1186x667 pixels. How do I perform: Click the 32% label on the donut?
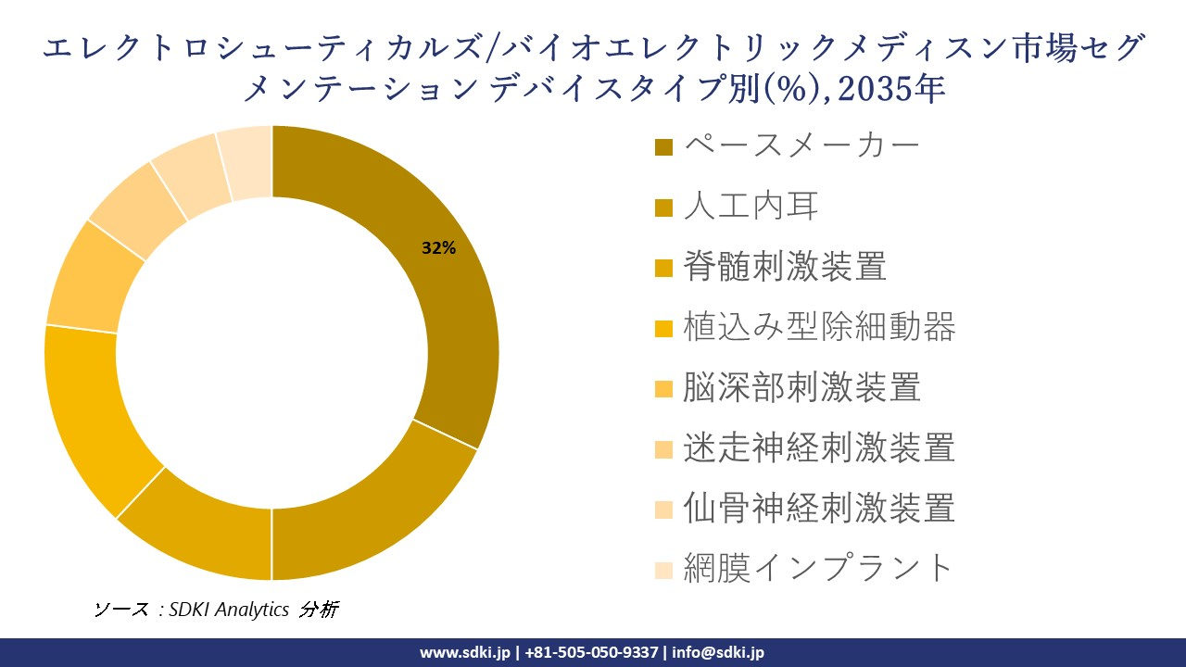(438, 248)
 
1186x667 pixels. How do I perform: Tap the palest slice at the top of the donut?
(246, 162)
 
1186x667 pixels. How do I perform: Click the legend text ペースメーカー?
(801, 145)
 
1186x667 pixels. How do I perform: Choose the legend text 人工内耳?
(751, 206)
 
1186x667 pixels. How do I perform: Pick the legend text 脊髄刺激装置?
(785, 266)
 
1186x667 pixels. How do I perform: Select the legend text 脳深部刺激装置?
(801, 386)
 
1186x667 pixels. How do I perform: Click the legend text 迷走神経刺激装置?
(819, 447)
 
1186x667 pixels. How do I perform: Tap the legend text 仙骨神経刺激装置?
(819, 508)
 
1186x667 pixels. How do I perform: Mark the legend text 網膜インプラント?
(818, 568)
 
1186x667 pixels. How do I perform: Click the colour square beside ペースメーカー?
(663, 147)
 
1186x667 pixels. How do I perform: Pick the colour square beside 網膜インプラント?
(663, 570)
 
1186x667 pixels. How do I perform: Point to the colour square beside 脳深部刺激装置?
(663, 389)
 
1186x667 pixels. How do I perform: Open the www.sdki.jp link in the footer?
(465, 652)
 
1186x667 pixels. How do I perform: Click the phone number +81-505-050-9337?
(592, 652)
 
